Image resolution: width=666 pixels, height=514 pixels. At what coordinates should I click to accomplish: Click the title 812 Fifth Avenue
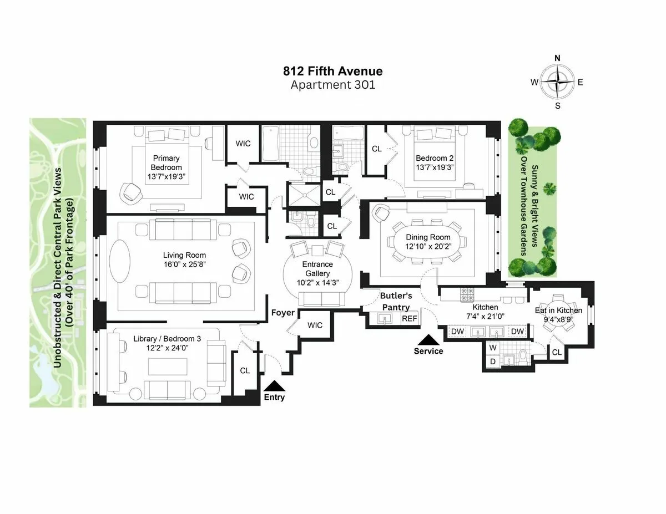point(332,71)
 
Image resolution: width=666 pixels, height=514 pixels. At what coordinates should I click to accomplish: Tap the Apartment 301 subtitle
point(332,85)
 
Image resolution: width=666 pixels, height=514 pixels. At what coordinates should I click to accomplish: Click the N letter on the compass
point(558,58)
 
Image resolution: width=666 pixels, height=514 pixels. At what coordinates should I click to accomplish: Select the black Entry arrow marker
point(274,386)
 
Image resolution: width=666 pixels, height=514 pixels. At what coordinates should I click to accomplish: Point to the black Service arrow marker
point(428,339)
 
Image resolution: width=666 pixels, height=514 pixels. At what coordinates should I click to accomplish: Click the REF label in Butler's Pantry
point(409,319)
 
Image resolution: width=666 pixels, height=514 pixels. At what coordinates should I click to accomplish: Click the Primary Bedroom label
point(166,163)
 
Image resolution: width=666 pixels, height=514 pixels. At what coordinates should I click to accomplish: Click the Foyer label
point(282,313)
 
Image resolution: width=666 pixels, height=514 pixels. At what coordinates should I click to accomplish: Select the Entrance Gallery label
point(317,269)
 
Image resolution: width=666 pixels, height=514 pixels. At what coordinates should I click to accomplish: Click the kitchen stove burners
point(465,292)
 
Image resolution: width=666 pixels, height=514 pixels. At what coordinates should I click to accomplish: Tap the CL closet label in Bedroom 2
point(377,149)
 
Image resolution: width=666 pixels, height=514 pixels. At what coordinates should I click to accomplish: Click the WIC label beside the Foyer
point(315,325)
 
